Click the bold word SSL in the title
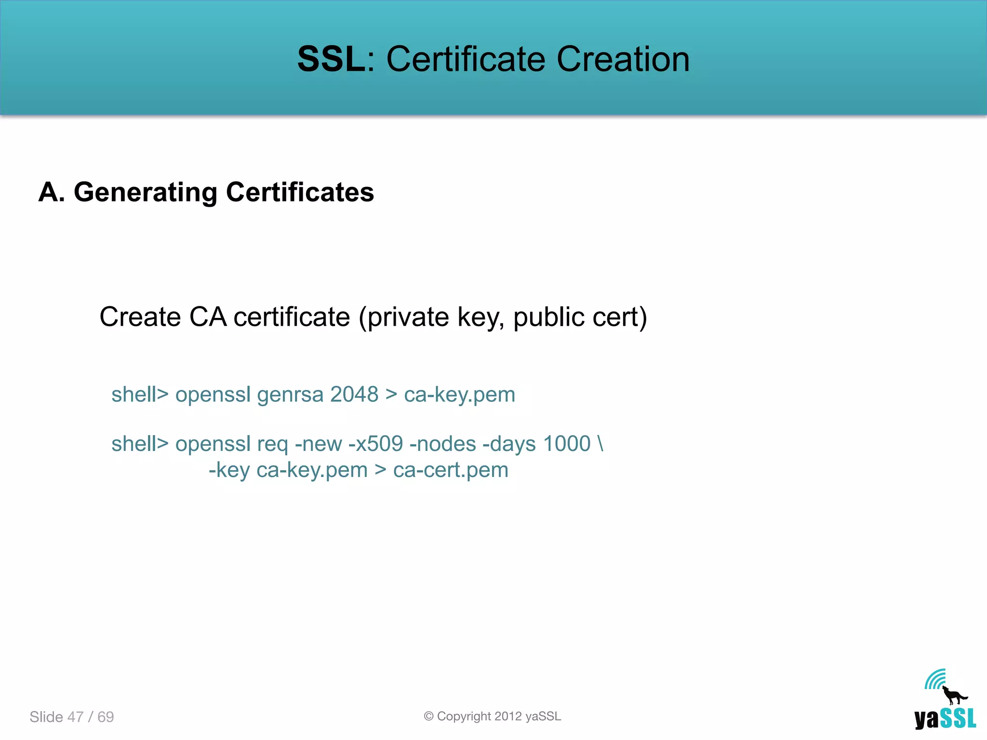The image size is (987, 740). (332, 59)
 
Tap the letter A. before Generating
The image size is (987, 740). (52, 192)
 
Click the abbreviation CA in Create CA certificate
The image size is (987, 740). (208, 317)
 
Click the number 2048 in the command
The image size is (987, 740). (354, 395)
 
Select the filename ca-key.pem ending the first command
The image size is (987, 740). (459, 395)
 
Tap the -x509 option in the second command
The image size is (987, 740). (375, 444)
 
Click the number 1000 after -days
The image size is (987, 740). (567, 444)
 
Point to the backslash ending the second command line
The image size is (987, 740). (600, 444)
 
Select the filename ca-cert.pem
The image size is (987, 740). (451, 470)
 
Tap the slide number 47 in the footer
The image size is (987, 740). (76, 717)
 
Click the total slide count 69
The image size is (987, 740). (106, 717)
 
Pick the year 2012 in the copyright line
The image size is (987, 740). (508, 716)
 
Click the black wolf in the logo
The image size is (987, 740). (954, 696)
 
